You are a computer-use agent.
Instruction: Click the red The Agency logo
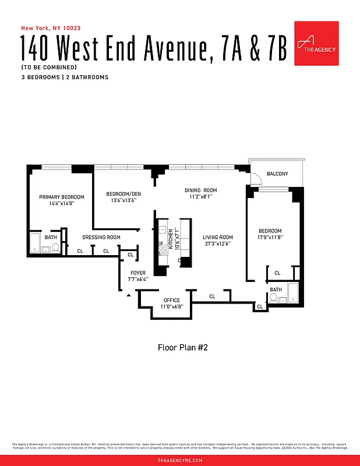pyautogui.click(x=316, y=43)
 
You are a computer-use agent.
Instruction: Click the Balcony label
pyautogui.click(x=277, y=174)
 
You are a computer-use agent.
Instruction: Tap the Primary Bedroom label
pyautogui.click(x=62, y=197)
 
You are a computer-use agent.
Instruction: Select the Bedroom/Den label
pyautogui.click(x=121, y=194)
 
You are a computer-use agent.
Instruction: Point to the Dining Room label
pyautogui.click(x=200, y=190)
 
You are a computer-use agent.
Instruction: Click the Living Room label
pyautogui.click(x=218, y=237)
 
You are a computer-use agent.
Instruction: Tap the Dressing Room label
pyautogui.click(x=101, y=237)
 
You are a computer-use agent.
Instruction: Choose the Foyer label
pyautogui.click(x=138, y=273)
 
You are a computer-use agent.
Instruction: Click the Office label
pyautogui.click(x=172, y=301)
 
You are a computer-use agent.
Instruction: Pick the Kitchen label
pyautogui.click(x=171, y=239)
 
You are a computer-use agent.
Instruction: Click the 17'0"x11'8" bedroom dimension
pyautogui.click(x=270, y=238)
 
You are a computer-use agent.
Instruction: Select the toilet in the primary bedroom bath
pyautogui.click(x=55, y=247)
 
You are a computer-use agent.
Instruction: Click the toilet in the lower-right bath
pyautogui.click(x=273, y=297)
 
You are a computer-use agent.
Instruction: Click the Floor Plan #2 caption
pyautogui.click(x=183, y=348)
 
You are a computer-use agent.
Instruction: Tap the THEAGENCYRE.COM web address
pyautogui.click(x=180, y=460)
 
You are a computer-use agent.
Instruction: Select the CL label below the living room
pyautogui.click(x=212, y=296)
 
